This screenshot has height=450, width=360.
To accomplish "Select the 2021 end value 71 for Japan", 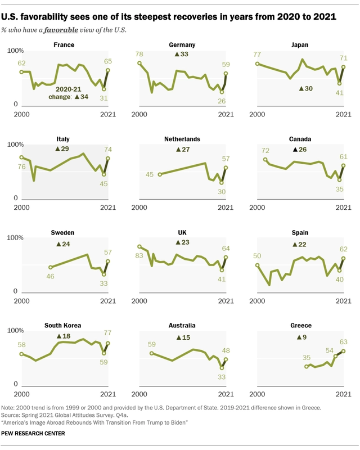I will pyautogui.click(x=344, y=57).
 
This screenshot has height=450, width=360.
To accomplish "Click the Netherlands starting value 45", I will pyautogui.click(x=150, y=175).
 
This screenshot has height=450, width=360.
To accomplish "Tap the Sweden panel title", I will pyautogui.click(x=62, y=232).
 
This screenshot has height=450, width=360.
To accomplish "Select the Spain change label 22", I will pyautogui.click(x=301, y=245).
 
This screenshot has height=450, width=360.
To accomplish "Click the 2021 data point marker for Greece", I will pyautogui.click(x=344, y=351).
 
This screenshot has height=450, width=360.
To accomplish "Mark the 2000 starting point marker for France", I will pyautogui.click(x=21, y=72).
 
